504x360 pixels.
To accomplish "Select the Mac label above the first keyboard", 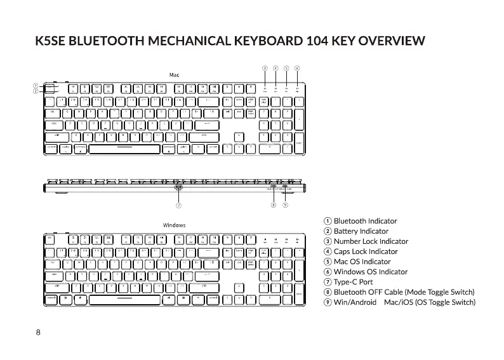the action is click(174, 74).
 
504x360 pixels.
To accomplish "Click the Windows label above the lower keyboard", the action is click(174, 225).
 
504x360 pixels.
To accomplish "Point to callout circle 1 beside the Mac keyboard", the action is click(37, 86).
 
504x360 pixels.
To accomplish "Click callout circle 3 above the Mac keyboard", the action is click(265, 67).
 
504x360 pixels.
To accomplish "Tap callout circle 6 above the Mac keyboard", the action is click(297, 67).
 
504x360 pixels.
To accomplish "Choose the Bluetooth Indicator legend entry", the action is click(365, 221).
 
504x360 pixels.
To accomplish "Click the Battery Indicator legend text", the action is click(361, 231).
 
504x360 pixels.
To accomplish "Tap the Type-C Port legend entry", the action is click(353, 282).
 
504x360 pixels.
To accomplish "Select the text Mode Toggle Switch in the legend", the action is click(441, 292).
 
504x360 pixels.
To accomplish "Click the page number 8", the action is click(38, 333).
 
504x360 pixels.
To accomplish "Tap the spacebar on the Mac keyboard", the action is click(124, 149).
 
